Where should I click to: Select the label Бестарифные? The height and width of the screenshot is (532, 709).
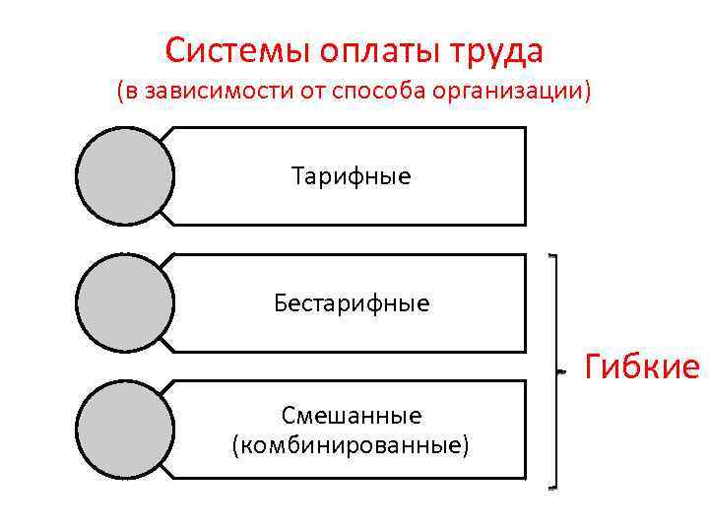click(x=352, y=302)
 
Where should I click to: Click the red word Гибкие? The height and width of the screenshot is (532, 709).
click(x=641, y=367)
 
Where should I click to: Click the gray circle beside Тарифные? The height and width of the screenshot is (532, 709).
click(x=125, y=176)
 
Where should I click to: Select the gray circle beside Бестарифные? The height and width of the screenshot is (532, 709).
click(x=125, y=302)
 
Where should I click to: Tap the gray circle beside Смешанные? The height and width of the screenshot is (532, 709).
click(x=125, y=430)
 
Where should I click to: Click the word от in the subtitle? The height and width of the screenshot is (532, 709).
click(x=314, y=93)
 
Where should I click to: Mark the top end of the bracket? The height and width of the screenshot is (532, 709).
click(x=552, y=256)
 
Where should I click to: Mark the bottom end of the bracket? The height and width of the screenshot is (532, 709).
click(x=552, y=487)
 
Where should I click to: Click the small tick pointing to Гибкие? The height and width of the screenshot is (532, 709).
click(x=561, y=372)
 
